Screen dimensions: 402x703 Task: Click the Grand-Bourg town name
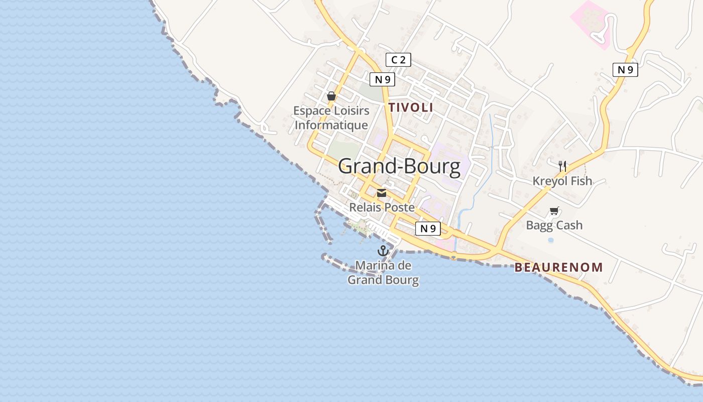[x=399, y=166]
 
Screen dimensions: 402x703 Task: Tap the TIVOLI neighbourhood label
[x=410, y=108]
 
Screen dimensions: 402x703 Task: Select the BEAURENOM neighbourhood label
[x=558, y=267]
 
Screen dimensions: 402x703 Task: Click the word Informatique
[x=331, y=125]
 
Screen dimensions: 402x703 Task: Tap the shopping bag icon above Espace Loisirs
[x=331, y=96]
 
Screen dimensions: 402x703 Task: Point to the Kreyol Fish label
[x=562, y=181]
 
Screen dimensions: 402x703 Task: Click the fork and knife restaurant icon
[x=562, y=166]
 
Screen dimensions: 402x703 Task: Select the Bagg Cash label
[x=554, y=225]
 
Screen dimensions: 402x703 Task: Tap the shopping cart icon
[x=554, y=211]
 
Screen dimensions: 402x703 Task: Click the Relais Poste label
[x=382, y=207]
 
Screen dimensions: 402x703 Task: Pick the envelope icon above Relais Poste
[x=382, y=193]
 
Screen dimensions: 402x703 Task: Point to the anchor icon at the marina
[x=383, y=251]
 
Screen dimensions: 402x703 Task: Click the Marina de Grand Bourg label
[x=383, y=272]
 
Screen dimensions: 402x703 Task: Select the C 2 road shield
[x=398, y=60]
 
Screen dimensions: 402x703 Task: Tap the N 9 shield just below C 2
[x=382, y=79]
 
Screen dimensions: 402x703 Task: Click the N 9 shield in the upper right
[x=625, y=70]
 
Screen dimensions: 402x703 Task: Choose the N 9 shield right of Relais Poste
[x=428, y=229]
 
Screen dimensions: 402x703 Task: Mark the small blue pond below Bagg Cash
[x=551, y=240]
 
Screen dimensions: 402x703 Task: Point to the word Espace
[x=312, y=111]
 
